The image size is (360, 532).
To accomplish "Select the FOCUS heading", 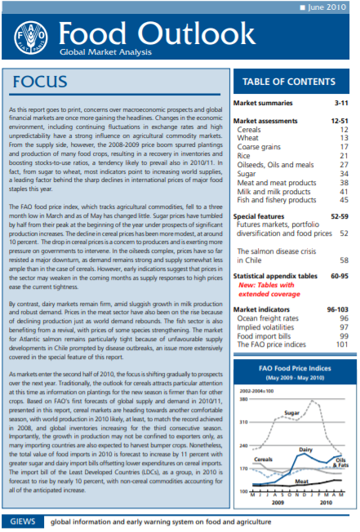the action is click(46, 82).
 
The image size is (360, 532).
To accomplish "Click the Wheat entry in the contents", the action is click(249, 138).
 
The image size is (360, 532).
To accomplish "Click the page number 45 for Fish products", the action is click(344, 200).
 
